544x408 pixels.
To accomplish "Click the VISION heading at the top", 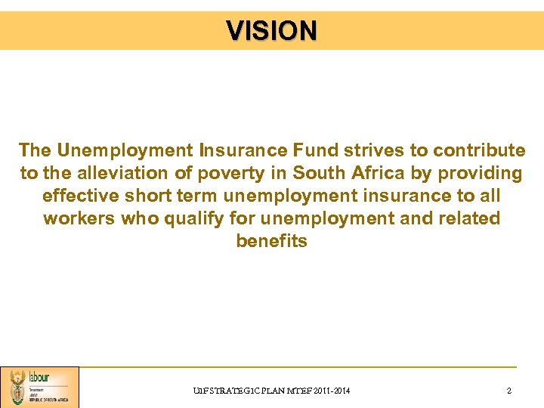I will (272, 31).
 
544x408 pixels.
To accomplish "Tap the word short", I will (150, 196).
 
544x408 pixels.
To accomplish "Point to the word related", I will (471, 218).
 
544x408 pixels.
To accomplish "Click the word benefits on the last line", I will (272, 241).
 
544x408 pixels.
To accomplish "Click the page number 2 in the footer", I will (509, 391).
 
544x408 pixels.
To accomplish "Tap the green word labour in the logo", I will (39, 376).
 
